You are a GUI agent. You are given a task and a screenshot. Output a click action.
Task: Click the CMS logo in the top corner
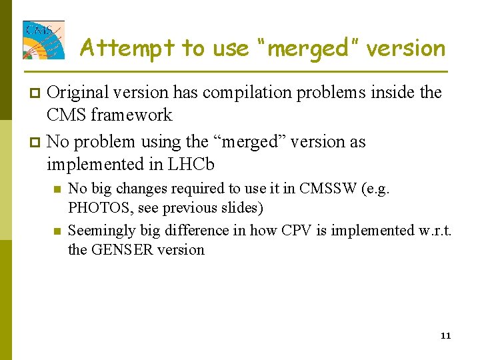click(44, 40)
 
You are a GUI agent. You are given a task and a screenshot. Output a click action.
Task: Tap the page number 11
click(445, 335)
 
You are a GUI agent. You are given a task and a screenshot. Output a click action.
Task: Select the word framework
click(131, 115)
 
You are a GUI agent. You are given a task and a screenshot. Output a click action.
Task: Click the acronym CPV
click(296, 231)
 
